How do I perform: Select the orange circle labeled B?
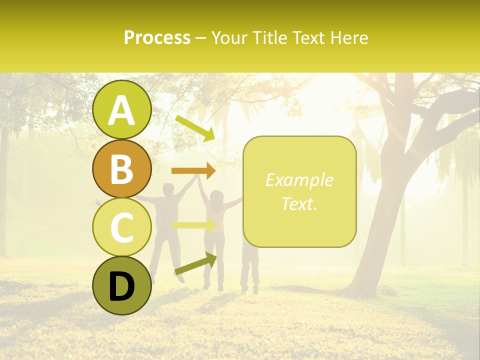coord(121,168)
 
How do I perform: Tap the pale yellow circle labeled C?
coord(121,227)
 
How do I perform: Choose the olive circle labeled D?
coord(121,285)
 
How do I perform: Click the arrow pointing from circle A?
coord(195,128)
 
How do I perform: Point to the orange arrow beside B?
coord(193,171)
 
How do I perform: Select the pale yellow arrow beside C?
coord(193,225)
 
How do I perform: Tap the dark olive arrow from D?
coord(195,264)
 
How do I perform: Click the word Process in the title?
coord(157,37)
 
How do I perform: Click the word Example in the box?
coord(299,180)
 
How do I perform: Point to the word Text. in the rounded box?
coord(299,203)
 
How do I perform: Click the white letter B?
coord(121,169)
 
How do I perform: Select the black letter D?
coord(121,286)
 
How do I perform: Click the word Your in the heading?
coord(230,37)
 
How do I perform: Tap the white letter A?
coord(121,110)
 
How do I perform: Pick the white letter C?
coord(121,227)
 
